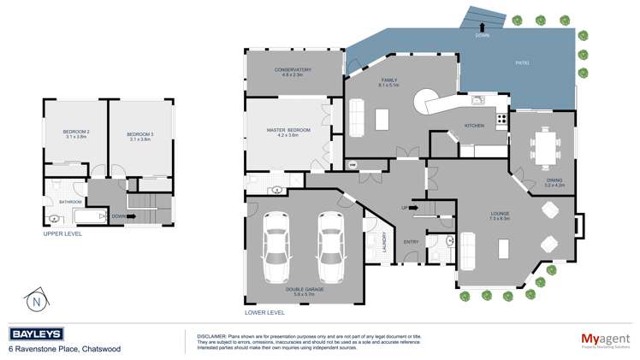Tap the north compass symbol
(35, 301)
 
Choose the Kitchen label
(474, 125)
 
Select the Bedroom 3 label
(139, 133)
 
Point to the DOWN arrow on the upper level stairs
(117, 215)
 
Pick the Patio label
(522, 62)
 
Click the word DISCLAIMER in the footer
(211, 335)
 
